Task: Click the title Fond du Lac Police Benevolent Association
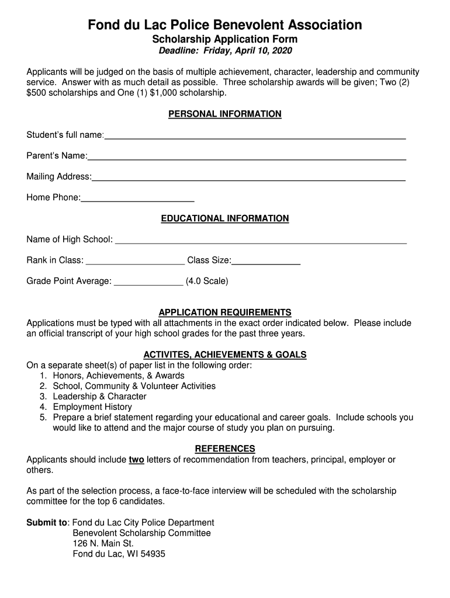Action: (x=225, y=25)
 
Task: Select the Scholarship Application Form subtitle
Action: (x=225, y=40)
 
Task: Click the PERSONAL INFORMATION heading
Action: (x=225, y=114)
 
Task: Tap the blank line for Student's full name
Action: (x=255, y=136)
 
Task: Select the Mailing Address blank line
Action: (x=248, y=178)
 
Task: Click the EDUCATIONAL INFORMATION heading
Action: (x=225, y=218)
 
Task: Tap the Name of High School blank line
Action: (x=261, y=240)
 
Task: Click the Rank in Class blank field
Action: (x=135, y=261)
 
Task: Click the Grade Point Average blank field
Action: (x=148, y=282)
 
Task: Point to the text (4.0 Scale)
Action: (x=207, y=281)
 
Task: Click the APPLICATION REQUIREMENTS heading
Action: (x=225, y=312)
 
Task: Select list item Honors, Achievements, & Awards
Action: (x=119, y=376)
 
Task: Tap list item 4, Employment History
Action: (x=92, y=407)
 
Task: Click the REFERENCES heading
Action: (x=225, y=448)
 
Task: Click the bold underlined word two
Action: (x=136, y=460)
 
